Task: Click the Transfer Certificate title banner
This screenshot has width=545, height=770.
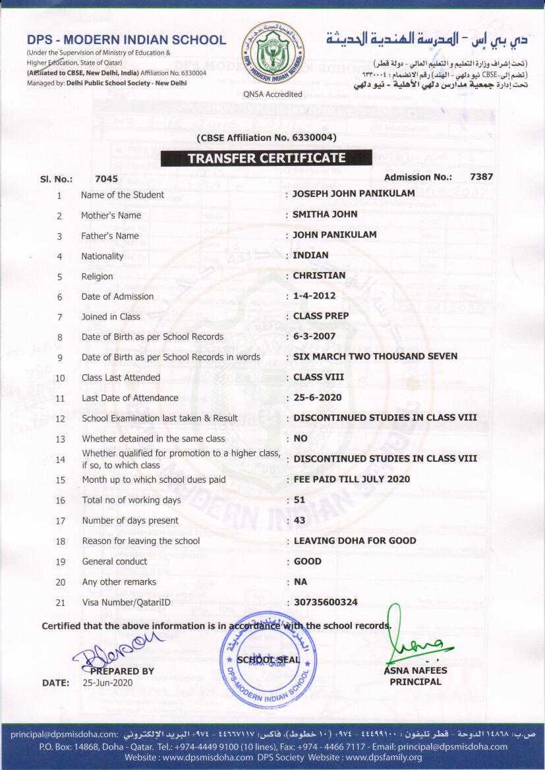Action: click(x=266, y=158)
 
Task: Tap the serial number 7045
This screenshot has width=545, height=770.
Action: click(x=106, y=179)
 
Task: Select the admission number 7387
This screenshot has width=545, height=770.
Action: click(x=481, y=177)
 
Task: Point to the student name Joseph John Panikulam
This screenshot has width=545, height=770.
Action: click(x=354, y=194)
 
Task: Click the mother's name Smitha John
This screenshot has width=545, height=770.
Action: click(x=325, y=214)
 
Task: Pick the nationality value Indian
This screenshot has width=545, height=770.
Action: click(x=310, y=255)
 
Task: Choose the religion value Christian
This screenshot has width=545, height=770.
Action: click(x=319, y=275)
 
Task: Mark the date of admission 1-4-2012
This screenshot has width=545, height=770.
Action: click(x=314, y=296)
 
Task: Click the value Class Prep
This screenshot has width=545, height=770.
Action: click(x=321, y=316)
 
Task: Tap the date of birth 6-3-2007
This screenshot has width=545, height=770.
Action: click(x=314, y=337)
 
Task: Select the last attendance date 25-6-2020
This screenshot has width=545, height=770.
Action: click(x=317, y=398)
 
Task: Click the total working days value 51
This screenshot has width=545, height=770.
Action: click(x=299, y=500)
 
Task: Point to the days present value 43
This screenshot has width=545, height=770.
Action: click(x=299, y=520)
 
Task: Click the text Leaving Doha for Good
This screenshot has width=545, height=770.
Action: click(x=355, y=541)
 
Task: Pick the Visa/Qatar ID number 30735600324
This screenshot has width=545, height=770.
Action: click(x=326, y=602)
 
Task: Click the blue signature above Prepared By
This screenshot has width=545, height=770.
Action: click(x=119, y=646)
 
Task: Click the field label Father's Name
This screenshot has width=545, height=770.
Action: click(x=110, y=236)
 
